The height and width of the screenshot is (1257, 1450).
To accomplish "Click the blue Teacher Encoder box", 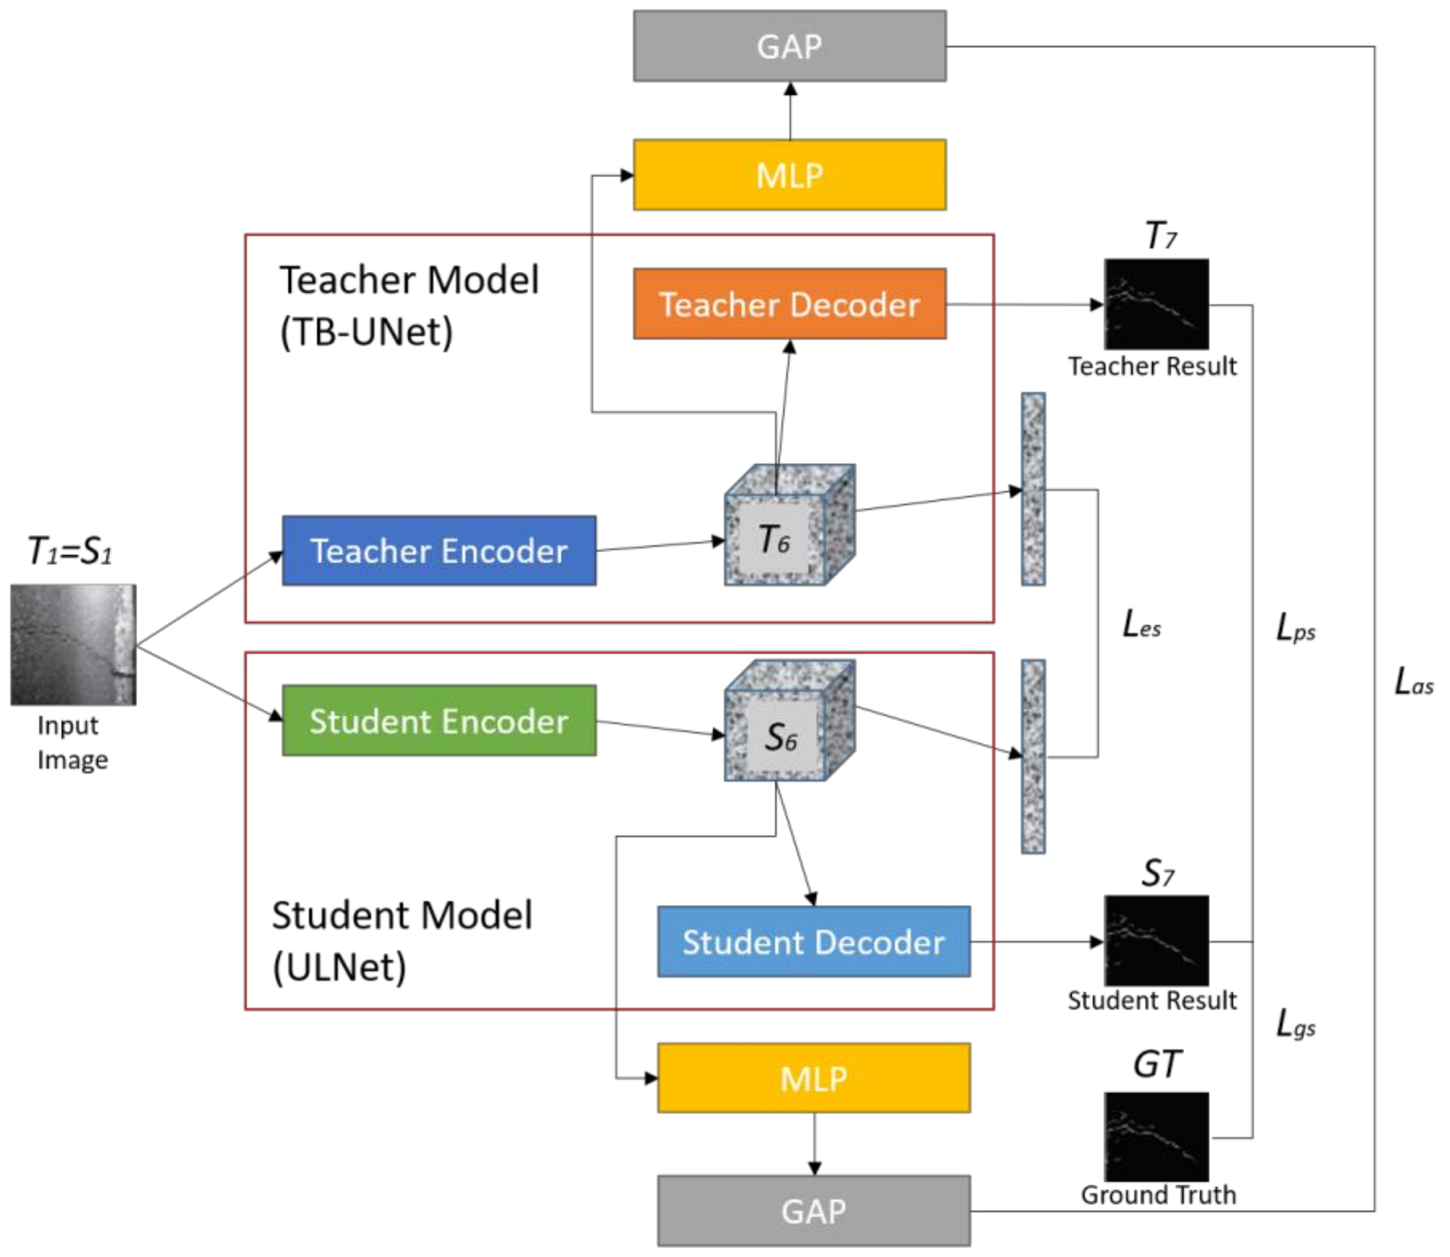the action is point(439,551).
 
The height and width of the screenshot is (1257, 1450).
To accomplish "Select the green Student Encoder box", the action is point(439,720).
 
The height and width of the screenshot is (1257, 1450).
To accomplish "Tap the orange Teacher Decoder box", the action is point(789,304).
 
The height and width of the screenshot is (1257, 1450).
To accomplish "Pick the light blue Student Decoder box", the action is point(814,941).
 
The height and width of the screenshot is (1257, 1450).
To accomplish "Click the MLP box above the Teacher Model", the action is point(789,174).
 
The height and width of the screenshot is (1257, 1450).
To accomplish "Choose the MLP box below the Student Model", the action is point(814,1078).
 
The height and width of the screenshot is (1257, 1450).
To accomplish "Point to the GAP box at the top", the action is point(789,46).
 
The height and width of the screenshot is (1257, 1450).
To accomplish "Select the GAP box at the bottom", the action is point(814,1211).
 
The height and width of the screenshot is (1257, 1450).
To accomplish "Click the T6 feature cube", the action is point(789,525).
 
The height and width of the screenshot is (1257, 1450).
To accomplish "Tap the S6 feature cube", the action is point(789,720).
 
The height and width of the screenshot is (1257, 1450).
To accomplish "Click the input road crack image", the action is point(74,644).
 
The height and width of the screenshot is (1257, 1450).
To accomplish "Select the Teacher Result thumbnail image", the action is point(1157,305).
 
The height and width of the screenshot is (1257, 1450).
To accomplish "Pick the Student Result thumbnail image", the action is point(1157,941).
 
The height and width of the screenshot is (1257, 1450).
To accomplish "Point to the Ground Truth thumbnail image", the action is point(1157,1137).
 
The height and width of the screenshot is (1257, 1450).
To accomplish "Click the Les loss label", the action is point(1142,624).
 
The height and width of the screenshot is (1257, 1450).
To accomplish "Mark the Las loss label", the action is point(1413,681).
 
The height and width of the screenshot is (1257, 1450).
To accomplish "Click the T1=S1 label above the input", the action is point(70,551).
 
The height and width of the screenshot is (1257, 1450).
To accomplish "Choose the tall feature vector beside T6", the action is point(1033,489).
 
